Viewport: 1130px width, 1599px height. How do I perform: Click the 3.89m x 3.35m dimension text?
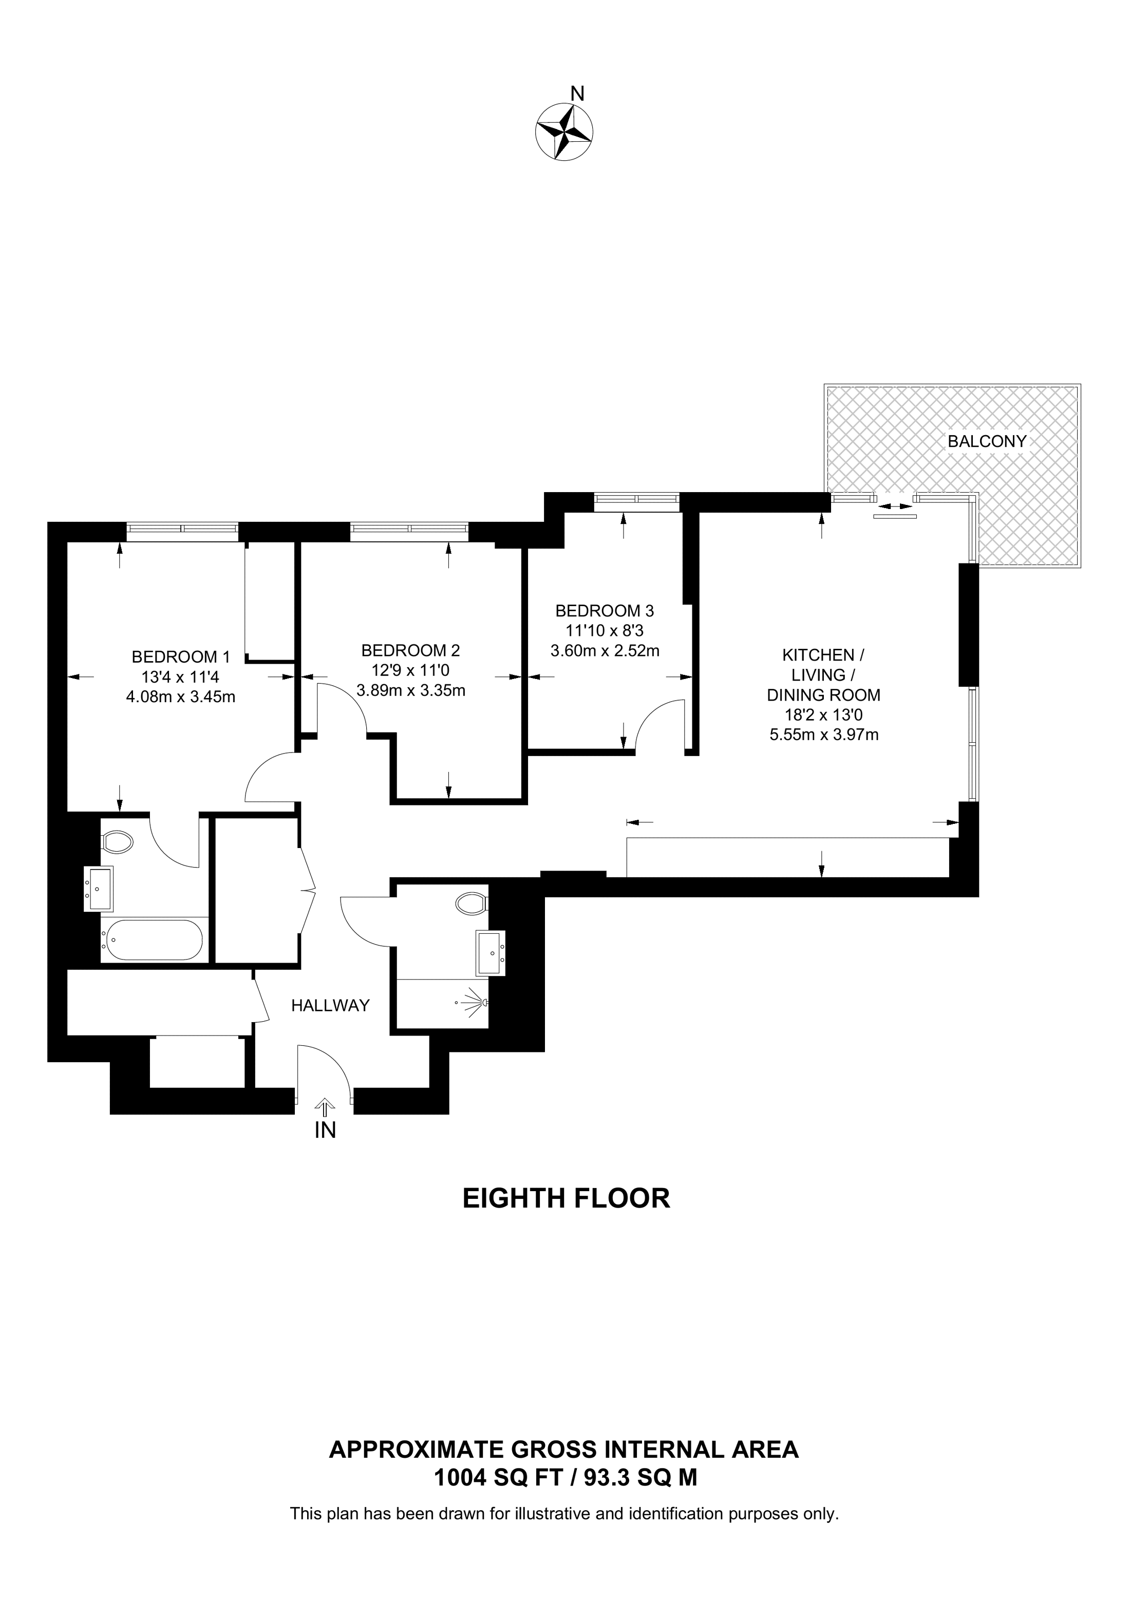(x=411, y=691)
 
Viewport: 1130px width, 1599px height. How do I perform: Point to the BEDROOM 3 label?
(x=605, y=611)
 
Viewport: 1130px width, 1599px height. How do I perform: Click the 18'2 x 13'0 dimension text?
(x=824, y=714)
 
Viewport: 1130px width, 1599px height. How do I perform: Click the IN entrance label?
(x=325, y=1131)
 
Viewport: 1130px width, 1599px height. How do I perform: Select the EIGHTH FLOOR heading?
(x=566, y=1198)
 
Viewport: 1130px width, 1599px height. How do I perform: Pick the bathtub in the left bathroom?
(x=152, y=940)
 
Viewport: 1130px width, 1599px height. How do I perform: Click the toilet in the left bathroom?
(x=117, y=842)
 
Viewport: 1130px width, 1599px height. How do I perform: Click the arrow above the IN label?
(x=324, y=1108)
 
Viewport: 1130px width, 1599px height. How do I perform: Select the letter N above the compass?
(x=577, y=93)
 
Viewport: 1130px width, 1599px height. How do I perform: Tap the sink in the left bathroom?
(x=99, y=889)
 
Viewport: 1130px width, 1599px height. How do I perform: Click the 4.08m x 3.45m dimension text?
(x=180, y=697)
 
